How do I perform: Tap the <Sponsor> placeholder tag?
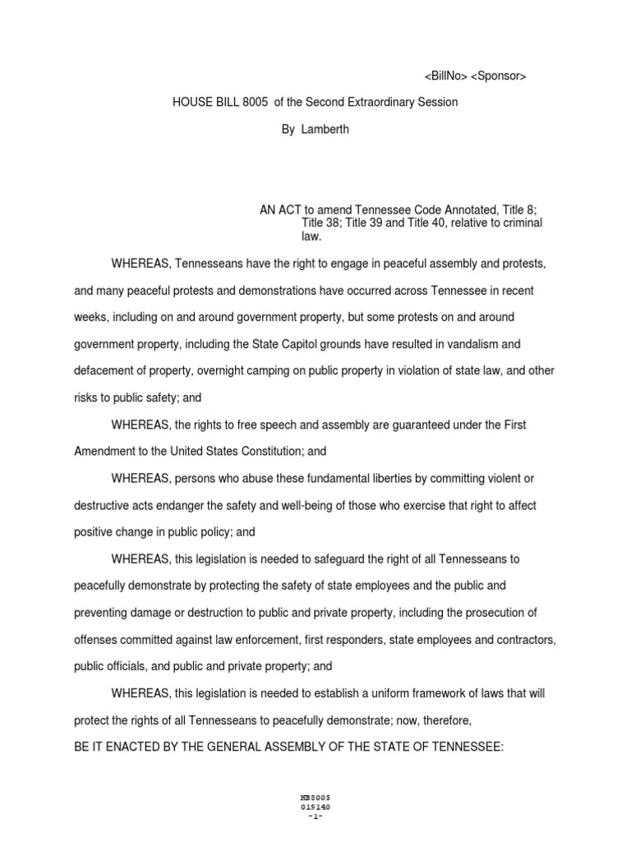[498, 76]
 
